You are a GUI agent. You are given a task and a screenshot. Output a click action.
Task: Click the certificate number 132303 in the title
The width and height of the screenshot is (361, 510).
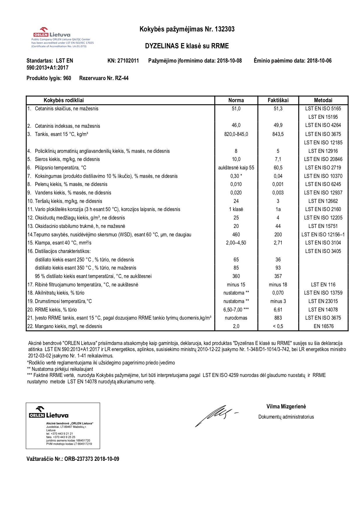coord(224,29)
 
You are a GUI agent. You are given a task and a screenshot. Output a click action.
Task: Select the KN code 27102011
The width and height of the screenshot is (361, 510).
coord(128,61)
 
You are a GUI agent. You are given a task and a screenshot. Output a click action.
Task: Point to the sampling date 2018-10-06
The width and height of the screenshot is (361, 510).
coord(319,61)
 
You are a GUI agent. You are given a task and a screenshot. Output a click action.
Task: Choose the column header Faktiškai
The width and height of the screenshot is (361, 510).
coord(278,100)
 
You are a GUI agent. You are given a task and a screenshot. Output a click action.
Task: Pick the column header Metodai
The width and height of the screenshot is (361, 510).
coord(323,100)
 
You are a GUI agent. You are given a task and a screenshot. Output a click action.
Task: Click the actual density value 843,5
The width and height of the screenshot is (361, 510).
coord(278,134)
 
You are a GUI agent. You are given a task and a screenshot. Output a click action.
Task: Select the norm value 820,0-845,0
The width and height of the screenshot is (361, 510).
coord(236,134)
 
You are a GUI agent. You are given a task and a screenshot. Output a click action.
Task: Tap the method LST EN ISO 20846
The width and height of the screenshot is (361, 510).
coord(323,159)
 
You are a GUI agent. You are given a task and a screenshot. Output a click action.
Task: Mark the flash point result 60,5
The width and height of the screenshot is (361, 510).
coord(278,168)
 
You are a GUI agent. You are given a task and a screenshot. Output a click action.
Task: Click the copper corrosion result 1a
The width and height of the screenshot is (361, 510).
coord(278,209)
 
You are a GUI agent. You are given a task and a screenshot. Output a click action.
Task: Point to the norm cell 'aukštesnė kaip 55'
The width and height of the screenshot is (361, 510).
coord(236,168)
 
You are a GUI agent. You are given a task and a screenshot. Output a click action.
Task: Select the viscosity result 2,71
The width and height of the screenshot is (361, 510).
coord(278,243)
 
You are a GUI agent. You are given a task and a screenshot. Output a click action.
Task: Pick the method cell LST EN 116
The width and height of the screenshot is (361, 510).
coord(323,285)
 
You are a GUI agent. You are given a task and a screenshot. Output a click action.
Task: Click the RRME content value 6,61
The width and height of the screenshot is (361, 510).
coord(278,310)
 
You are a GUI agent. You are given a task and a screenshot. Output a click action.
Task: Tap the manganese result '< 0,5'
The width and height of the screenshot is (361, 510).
coord(278,326)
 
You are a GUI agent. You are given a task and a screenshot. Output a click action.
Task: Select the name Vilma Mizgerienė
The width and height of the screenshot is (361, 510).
coord(286,407)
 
